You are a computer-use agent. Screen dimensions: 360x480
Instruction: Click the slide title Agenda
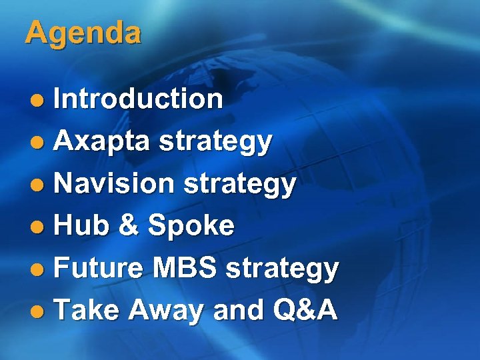pos(83,33)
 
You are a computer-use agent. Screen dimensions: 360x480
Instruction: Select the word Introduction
pos(138,99)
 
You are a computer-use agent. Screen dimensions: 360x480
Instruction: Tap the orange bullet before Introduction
pos(40,101)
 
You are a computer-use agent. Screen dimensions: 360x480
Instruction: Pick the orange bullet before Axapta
pos(40,143)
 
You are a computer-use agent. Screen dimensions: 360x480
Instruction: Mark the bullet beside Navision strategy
pos(40,185)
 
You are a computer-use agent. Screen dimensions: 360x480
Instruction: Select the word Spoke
pos(191,226)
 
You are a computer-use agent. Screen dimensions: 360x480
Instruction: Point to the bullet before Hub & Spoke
pos(40,227)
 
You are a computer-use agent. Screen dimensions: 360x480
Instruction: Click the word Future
pos(98,268)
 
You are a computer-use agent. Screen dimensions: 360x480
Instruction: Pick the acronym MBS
pos(184,268)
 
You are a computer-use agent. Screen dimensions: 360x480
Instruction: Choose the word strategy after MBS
pos(283,269)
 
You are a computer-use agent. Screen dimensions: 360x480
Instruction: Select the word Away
pos(167,311)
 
